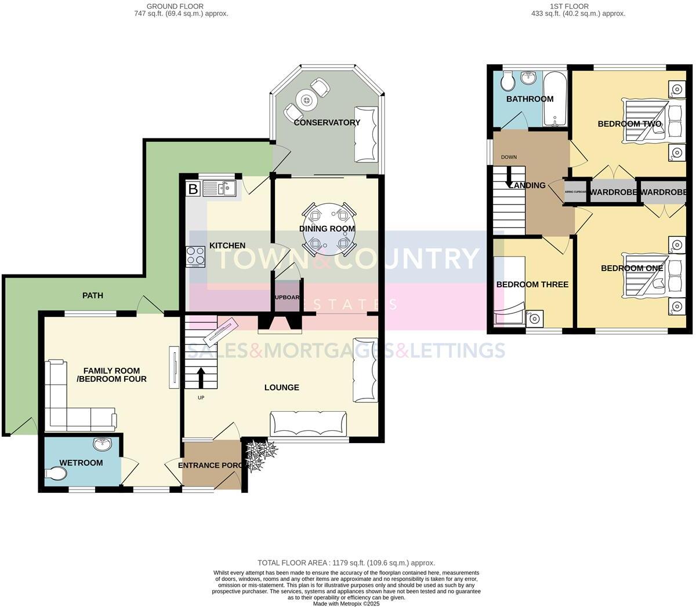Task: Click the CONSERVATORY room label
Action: (327, 122)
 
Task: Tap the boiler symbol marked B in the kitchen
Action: (193, 189)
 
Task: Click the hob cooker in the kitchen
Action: (195, 257)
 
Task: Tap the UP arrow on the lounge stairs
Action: (201, 378)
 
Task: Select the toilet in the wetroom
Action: (56, 474)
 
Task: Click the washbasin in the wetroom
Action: (103, 445)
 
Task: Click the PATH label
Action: (92, 295)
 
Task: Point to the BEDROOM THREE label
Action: (532, 284)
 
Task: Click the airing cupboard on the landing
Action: (575, 192)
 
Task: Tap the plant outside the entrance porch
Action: (259, 454)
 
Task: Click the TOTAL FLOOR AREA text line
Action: (346, 562)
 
